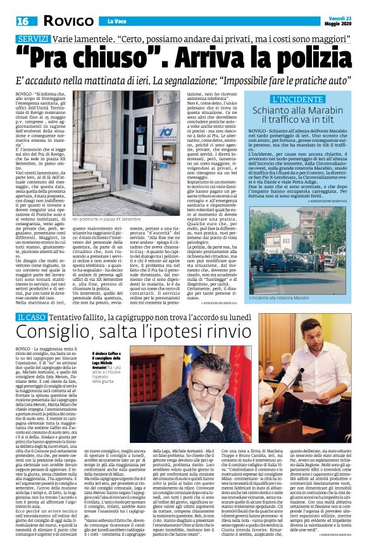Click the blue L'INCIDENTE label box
[x=303, y=100]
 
